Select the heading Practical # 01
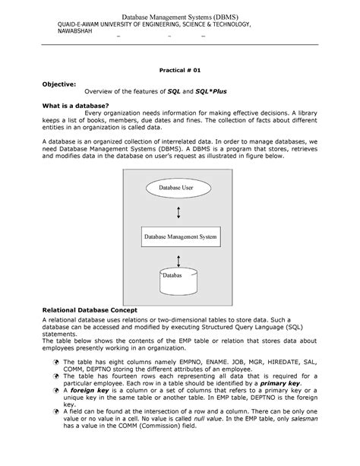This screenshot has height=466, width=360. click(x=180, y=68)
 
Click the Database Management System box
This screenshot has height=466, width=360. click(x=180, y=238)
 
